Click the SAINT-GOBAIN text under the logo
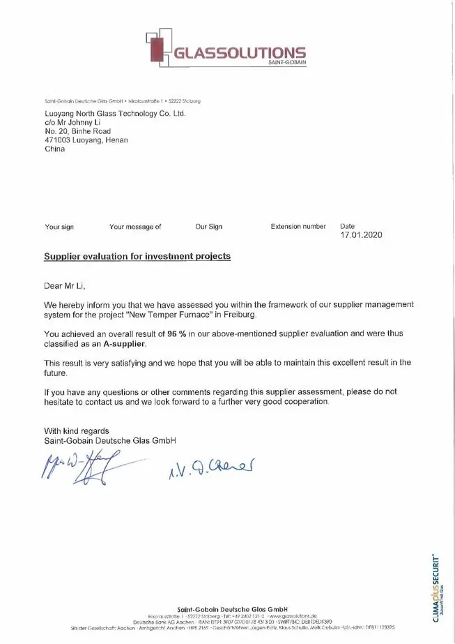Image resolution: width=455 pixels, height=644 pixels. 286,63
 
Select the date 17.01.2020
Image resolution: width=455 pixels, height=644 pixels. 361,235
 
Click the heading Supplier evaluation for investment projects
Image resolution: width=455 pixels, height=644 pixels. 137,256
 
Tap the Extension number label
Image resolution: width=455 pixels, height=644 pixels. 298,227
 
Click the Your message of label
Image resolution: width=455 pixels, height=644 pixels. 135,227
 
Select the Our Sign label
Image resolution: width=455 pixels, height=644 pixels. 208,227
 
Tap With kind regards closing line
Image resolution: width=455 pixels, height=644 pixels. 77,430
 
